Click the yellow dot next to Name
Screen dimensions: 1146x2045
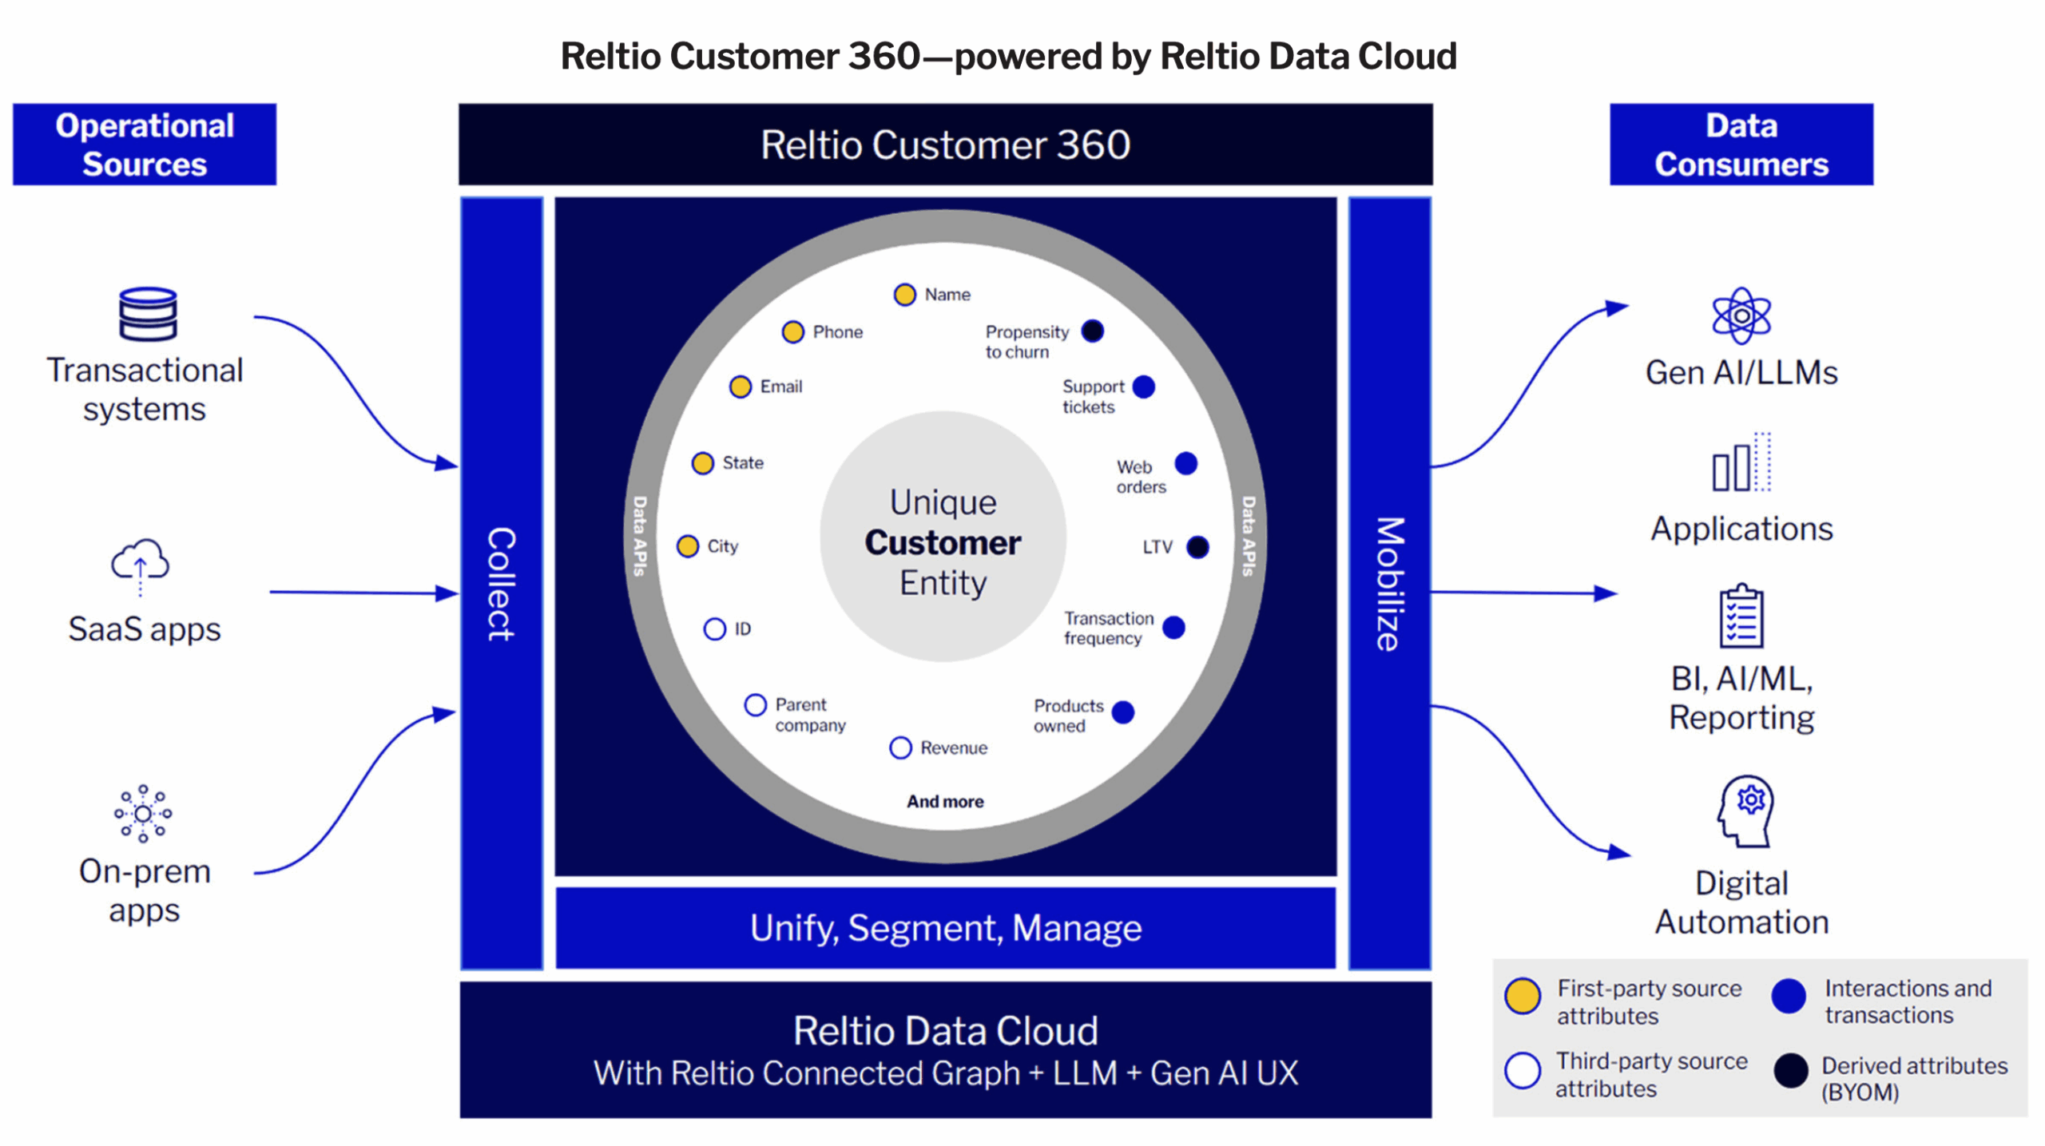tap(904, 295)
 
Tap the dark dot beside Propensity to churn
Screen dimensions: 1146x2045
tap(1092, 331)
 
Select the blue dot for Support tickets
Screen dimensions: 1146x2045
tap(1144, 387)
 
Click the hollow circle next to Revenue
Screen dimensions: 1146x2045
tap(900, 747)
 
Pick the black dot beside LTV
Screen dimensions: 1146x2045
tap(1197, 547)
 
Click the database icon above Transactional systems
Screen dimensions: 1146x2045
tap(148, 314)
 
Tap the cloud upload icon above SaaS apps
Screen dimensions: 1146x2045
tap(141, 564)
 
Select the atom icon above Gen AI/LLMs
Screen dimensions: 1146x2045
tap(1741, 316)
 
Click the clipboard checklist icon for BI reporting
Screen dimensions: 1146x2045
tap(1741, 616)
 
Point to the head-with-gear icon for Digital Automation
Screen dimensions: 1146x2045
tap(1745, 811)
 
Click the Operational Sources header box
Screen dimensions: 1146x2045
tap(145, 145)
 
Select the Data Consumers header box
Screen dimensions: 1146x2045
tap(1741, 145)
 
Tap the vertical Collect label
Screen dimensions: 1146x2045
tap(502, 584)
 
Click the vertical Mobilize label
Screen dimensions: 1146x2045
tap(1389, 584)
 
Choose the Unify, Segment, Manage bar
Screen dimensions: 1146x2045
tap(945, 928)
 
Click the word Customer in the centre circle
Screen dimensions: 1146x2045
tap(943, 543)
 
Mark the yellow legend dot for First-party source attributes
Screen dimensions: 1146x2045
tap(1523, 996)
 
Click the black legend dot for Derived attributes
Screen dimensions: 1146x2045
tap(1790, 1071)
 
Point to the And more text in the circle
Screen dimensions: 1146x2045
tap(945, 801)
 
